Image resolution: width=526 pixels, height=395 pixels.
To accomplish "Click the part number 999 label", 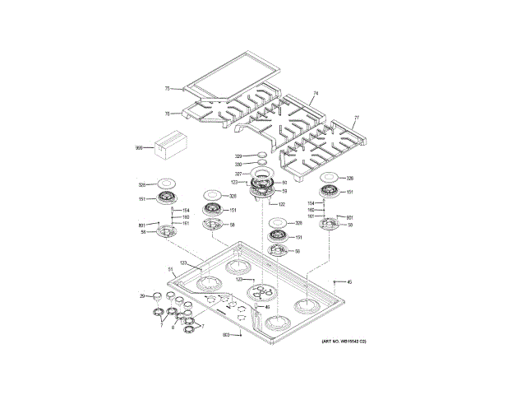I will click(139, 148).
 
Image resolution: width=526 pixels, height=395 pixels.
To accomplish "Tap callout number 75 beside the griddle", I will click(166, 88).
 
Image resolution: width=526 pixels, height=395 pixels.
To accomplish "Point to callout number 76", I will click(166, 114).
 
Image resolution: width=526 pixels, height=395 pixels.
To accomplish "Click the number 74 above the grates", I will click(315, 95).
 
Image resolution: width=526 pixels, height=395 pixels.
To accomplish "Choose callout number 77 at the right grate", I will click(357, 118).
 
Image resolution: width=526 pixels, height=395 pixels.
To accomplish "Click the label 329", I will click(238, 156).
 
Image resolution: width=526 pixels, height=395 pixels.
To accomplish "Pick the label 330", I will click(238, 165).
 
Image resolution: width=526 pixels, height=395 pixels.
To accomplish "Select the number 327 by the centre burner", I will click(238, 174).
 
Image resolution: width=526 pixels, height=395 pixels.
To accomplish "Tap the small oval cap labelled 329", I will click(261, 155).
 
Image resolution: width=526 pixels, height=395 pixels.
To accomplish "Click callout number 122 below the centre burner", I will click(281, 204).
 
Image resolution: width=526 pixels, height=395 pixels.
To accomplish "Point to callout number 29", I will click(141, 295).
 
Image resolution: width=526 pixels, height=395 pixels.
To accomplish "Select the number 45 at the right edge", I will click(348, 282).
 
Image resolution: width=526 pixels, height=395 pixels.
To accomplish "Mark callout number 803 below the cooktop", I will click(225, 335).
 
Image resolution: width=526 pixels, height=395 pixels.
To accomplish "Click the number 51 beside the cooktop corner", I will click(171, 269).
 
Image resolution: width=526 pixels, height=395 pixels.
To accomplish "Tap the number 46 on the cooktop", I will click(266, 307).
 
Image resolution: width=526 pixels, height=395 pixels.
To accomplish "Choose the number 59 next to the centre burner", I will click(284, 191).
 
